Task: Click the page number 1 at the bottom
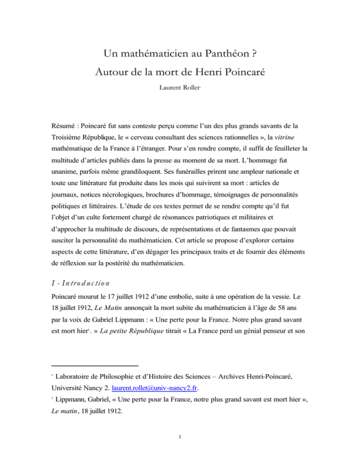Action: (179, 451)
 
